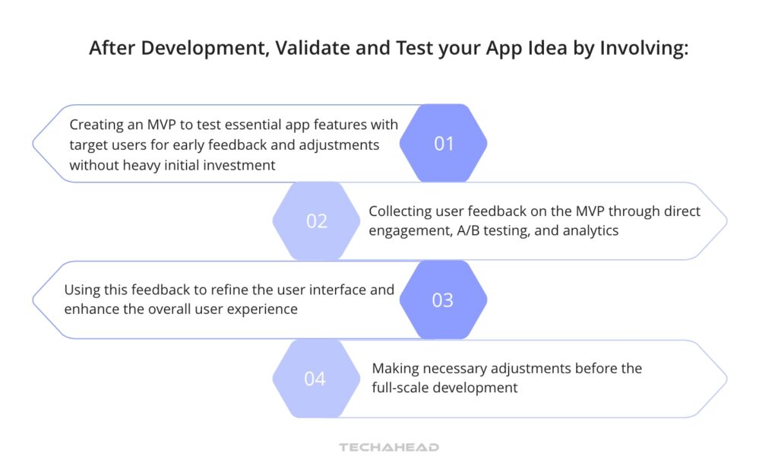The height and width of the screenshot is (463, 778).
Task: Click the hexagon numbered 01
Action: pos(443,143)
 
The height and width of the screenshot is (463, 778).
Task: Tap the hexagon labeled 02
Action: pos(317,221)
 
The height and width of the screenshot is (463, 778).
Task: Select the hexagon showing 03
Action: pos(443,300)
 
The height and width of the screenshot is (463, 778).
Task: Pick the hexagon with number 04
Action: pos(315,378)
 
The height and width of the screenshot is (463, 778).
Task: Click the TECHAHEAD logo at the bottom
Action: pos(389,447)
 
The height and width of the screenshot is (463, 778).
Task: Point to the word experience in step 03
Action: pos(264,309)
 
